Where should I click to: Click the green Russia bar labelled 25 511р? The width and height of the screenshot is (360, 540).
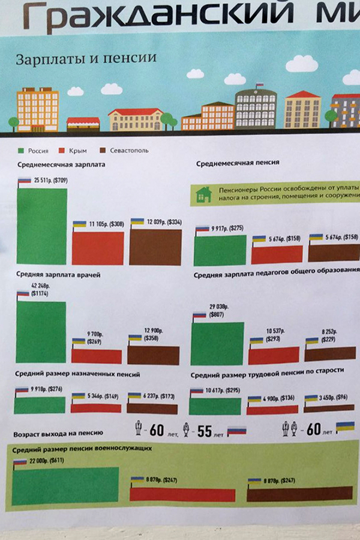coord(41,226)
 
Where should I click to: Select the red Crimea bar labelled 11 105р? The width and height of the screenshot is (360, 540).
coord(98,247)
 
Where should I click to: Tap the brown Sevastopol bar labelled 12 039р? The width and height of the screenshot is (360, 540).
coord(155,247)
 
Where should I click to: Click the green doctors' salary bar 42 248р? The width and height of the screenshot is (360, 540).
coord(41,332)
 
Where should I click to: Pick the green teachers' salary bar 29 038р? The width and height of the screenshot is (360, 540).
coord(217,343)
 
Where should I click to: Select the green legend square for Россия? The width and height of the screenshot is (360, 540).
coord(20,150)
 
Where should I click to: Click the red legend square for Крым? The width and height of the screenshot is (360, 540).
coord(62,150)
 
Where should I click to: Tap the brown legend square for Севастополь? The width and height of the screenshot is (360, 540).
coord(103,150)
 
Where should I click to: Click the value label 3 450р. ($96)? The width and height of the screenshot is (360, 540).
coord(335,397)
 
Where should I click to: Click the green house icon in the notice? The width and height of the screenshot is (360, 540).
coord(203,194)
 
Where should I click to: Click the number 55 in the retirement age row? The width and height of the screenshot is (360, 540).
coord(205,431)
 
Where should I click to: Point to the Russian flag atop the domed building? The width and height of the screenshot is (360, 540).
coord(259,86)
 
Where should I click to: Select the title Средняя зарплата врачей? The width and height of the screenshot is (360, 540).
coord(59,275)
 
